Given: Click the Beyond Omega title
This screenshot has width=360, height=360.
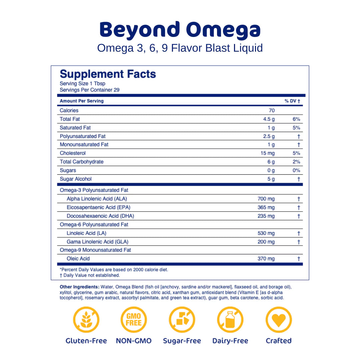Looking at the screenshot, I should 180,30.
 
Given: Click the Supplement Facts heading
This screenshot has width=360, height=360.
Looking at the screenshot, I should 108,74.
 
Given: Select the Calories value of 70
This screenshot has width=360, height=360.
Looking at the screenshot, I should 272,111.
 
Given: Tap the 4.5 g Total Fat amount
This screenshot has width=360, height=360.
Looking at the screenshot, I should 269,119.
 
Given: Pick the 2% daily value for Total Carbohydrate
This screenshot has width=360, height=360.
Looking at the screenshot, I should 296,162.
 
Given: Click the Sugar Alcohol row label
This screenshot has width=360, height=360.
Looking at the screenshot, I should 75,179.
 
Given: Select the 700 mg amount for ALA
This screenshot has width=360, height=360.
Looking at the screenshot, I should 266,199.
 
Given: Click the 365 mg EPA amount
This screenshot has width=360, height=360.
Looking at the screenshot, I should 266,208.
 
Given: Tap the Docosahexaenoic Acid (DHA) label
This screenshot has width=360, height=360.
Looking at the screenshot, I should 100,216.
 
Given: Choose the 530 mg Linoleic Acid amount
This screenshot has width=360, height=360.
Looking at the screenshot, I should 266,233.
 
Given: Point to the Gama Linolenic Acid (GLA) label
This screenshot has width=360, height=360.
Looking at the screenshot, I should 97,242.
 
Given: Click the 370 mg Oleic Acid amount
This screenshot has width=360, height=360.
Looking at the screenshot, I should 266,259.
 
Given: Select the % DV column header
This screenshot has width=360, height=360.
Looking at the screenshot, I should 292,101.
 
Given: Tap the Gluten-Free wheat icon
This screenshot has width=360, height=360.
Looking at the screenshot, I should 86,320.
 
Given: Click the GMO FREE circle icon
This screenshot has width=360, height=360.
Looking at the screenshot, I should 134,320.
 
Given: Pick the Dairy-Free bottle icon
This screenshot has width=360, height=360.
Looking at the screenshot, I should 230,320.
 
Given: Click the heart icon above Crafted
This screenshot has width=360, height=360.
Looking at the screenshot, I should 279,320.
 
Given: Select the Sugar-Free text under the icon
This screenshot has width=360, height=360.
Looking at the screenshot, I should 182,341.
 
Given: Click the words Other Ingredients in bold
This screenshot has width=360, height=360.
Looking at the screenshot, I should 79,287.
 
